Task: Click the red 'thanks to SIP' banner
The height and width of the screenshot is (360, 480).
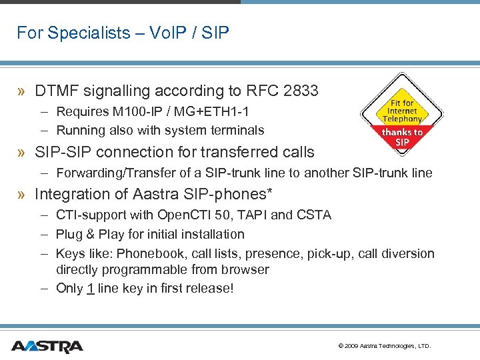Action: coord(402,137)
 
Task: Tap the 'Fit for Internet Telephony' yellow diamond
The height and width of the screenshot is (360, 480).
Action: coord(402,110)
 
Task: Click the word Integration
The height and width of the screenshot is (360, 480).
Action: coord(71,194)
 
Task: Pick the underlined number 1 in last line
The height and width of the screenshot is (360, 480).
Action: coord(89,289)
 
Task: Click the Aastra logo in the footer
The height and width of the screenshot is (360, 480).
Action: coord(47,346)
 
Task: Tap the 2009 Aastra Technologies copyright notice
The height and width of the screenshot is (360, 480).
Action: coord(385,347)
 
